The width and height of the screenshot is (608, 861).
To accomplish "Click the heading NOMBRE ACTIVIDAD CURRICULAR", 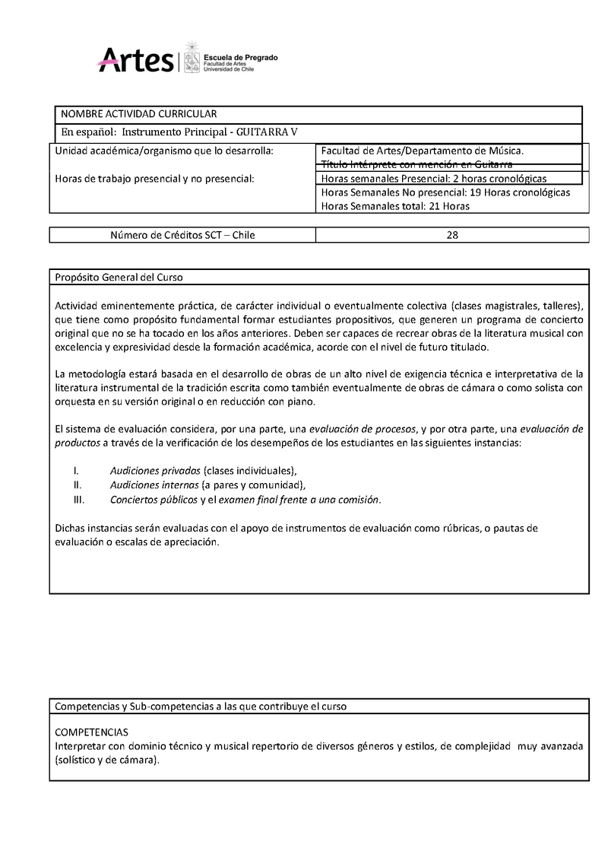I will pyautogui.click(x=139, y=114).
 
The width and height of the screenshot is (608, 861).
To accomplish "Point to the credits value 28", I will pyautogui.click(x=452, y=235).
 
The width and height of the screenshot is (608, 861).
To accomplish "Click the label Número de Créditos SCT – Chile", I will pyautogui.click(x=182, y=235).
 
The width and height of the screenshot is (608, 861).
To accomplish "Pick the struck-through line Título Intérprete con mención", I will pyautogui.click(x=416, y=164).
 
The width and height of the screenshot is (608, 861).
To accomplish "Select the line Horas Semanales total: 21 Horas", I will pyautogui.click(x=396, y=206).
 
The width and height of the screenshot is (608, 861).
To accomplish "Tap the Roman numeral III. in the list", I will pyautogui.click(x=78, y=500).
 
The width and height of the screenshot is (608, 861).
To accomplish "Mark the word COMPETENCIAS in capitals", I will pyautogui.click(x=92, y=732).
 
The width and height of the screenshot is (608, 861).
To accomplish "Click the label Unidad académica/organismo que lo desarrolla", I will pyautogui.click(x=163, y=151).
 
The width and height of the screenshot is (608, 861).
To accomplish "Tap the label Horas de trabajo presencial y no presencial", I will pyautogui.click(x=155, y=179).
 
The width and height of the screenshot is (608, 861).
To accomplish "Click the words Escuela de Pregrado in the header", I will pyautogui.click(x=239, y=57).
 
